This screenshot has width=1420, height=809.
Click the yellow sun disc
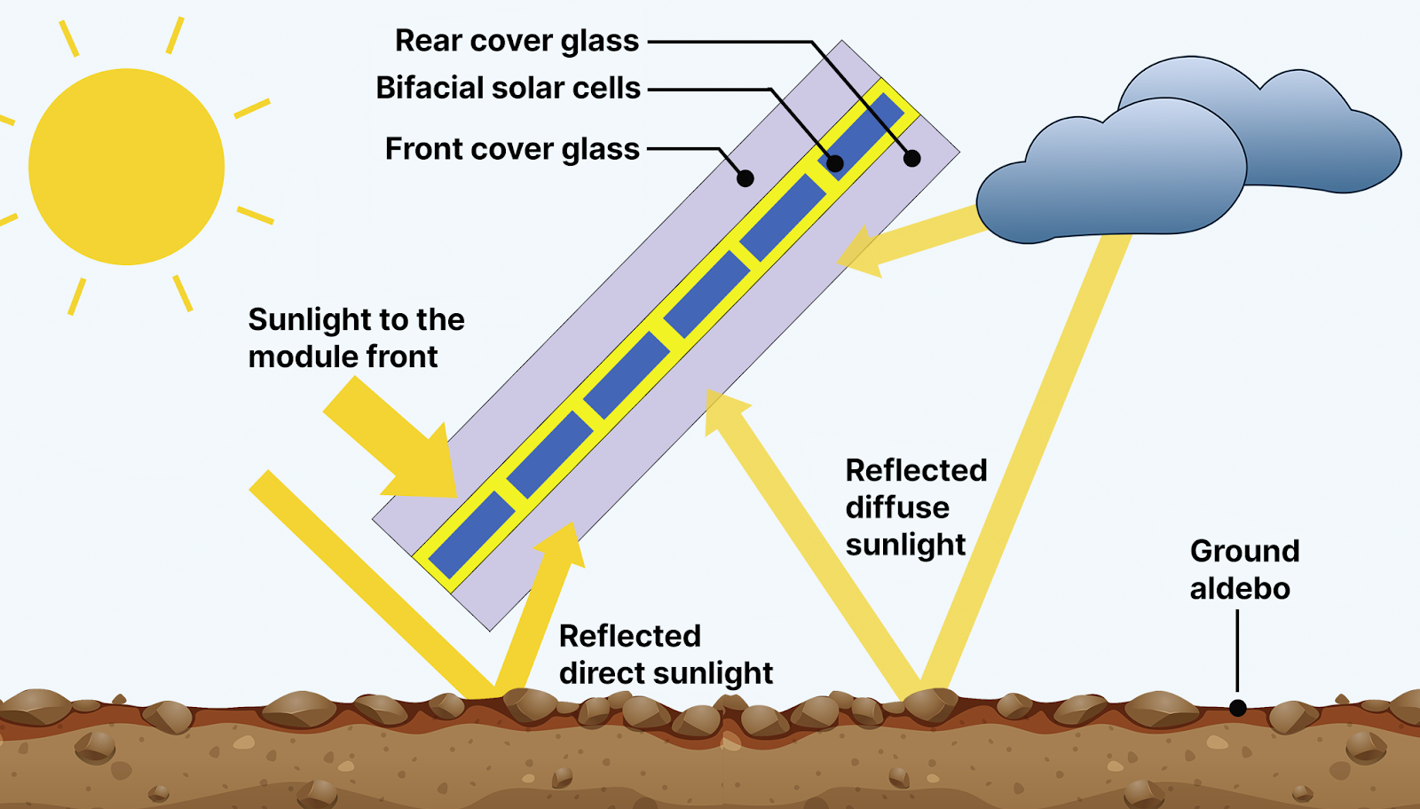coord(126,167)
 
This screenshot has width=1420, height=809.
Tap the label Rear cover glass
coord(517,41)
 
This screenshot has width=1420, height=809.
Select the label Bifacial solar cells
coord(508,88)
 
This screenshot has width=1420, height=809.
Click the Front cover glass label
coord(512,150)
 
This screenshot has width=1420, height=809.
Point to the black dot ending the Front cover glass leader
coord(745,178)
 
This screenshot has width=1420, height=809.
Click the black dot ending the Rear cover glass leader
coord(911,159)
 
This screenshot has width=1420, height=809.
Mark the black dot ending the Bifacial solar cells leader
coord(835,163)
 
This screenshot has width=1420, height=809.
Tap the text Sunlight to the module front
coord(356,338)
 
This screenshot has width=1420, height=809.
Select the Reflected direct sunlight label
coord(666,655)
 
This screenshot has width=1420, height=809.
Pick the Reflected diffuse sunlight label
coord(916,507)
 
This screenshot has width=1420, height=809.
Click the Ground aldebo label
coord(1244,569)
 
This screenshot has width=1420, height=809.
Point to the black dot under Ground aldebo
coord(1237,708)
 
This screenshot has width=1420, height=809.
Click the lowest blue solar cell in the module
coord(471,535)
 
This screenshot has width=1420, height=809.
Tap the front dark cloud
coord(1110,171)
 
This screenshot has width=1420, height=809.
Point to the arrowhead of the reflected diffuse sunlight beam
coord(726,412)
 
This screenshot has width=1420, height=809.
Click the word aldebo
coord(1240,588)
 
